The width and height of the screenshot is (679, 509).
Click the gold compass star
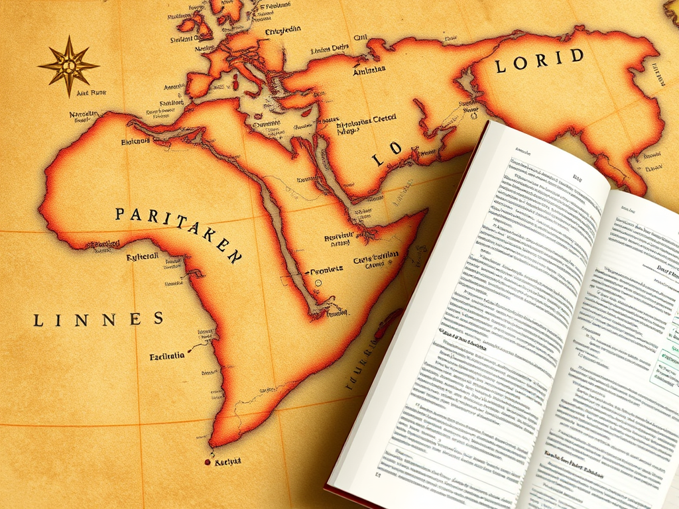tap(68, 66)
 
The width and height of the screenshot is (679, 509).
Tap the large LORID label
tap(539, 59)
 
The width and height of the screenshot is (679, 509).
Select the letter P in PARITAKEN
tap(120, 213)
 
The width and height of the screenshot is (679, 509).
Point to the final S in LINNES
tap(158, 318)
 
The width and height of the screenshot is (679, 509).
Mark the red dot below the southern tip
tap(208, 462)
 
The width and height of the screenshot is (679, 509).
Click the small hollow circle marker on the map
tap(318, 282)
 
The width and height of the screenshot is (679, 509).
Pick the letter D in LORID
tap(578, 55)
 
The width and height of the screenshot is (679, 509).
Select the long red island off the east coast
tap(387, 323)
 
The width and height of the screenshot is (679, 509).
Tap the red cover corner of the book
tap(330, 490)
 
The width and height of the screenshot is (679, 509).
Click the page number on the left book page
tap(378, 475)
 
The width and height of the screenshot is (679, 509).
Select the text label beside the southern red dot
tap(228, 461)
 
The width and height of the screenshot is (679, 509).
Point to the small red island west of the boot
tap(235, 83)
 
